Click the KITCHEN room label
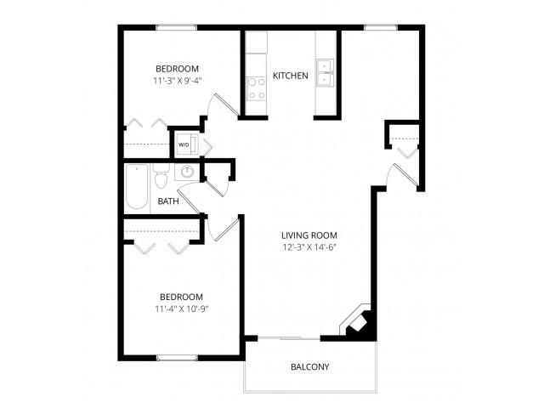click(x=291, y=76)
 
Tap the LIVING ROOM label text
click(x=309, y=235)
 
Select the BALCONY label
click(x=309, y=366)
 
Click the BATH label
click(x=168, y=201)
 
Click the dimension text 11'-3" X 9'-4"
click(x=178, y=81)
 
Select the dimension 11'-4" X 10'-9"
click(x=181, y=309)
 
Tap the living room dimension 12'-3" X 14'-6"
click(x=309, y=247)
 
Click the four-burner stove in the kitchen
click(x=256, y=88)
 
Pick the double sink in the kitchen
click(x=325, y=73)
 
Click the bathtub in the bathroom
click(x=137, y=187)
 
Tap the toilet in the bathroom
click(x=161, y=176)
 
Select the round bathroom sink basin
click(x=187, y=172)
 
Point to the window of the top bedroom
click(x=176, y=28)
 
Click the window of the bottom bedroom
click(x=177, y=358)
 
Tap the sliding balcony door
click(x=289, y=338)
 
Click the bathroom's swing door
click(x=189, y=200)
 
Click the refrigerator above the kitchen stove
click(x=257, y=42)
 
